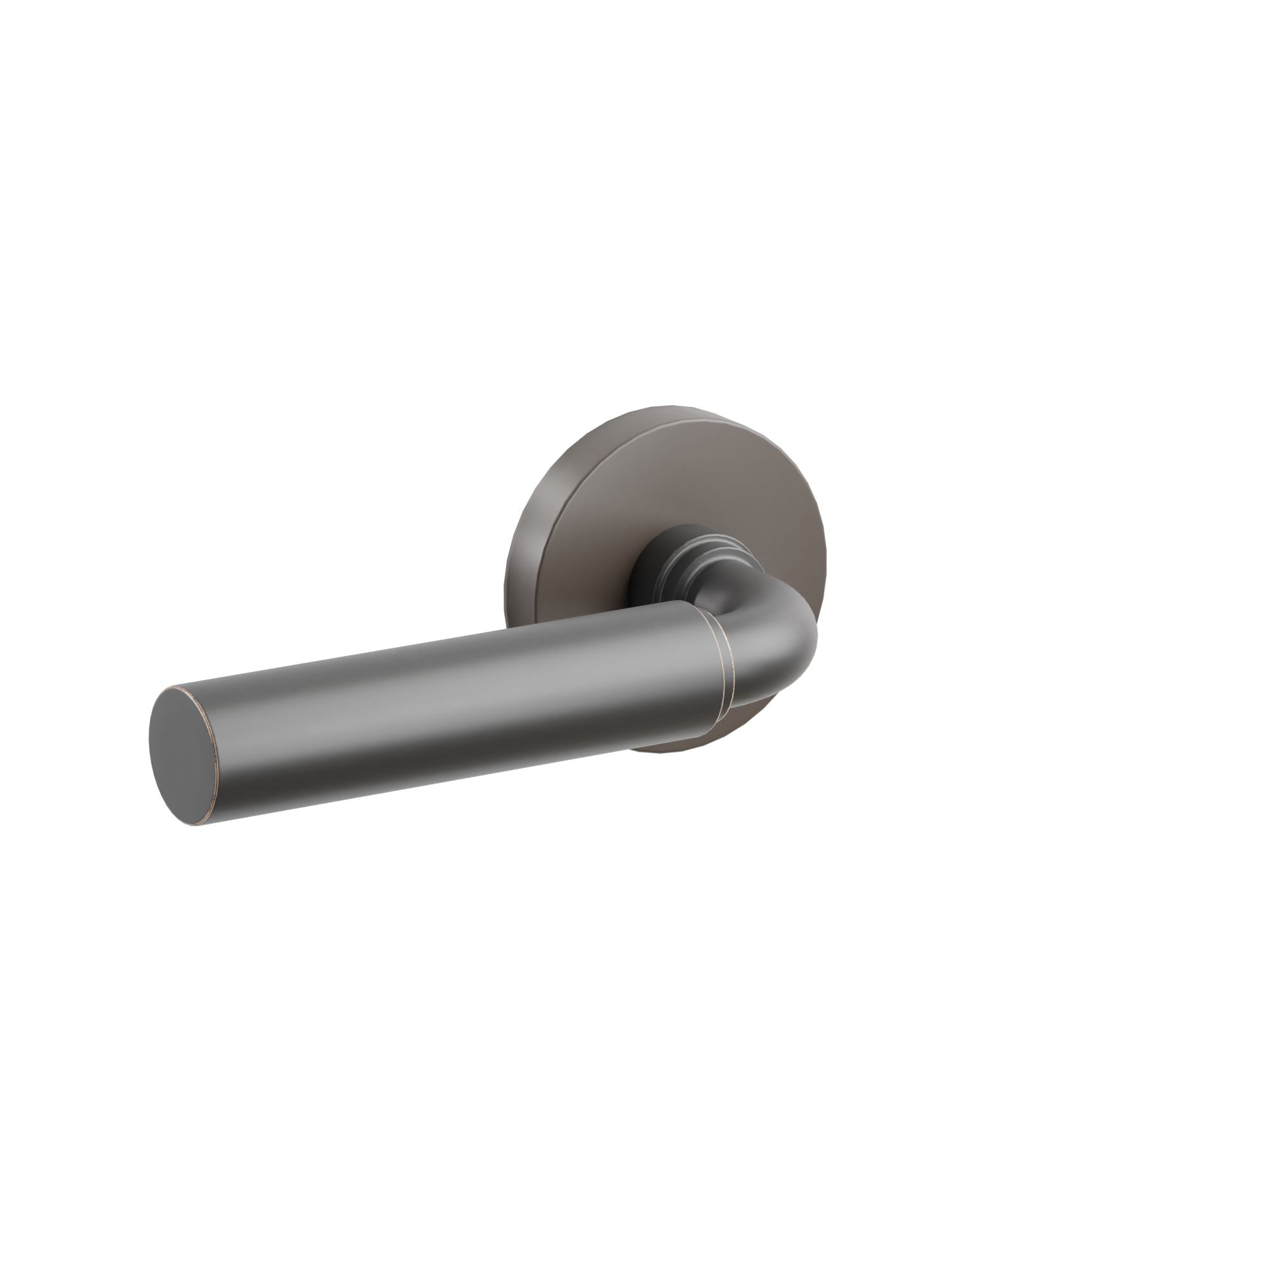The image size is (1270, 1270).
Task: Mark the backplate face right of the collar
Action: click(x=782, y=526)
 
